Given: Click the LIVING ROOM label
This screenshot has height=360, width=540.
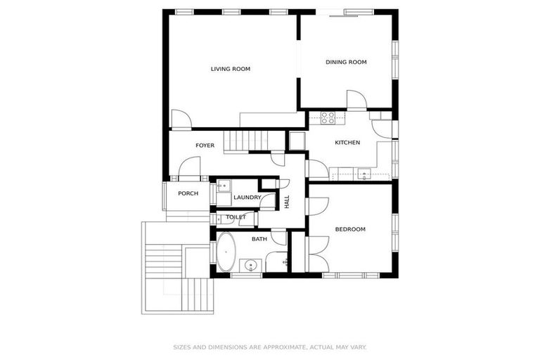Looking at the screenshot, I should point(231,69).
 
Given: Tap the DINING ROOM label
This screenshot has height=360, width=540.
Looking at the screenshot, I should point(346,62).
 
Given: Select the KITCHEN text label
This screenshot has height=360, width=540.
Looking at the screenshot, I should point(347,143).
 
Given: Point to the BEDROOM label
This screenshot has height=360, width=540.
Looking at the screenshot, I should point(350,229).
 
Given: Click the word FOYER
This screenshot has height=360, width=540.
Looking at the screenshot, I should point(205,146).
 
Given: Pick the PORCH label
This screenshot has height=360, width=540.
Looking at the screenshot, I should point(188,193).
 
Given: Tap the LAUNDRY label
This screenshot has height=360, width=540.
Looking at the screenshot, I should point(247,198).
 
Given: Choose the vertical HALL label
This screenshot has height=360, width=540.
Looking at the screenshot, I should point(287,201).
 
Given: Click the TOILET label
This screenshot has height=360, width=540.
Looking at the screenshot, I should point(236,217).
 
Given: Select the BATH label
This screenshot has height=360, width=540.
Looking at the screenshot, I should point(259,239).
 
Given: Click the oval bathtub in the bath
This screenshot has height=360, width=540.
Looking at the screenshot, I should point(226,252).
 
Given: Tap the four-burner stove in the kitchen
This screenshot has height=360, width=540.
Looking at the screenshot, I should point(328,117).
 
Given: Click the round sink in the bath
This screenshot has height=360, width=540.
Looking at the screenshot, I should point(251,265).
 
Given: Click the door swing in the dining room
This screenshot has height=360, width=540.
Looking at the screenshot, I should point(356,101).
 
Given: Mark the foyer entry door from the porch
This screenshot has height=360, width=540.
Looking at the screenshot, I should point(188,168).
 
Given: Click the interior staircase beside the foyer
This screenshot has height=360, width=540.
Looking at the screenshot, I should point(247,141).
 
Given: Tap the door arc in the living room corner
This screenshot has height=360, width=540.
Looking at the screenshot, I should point(180,120).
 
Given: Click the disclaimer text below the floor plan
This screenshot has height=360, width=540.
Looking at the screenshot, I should point(270,347).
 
